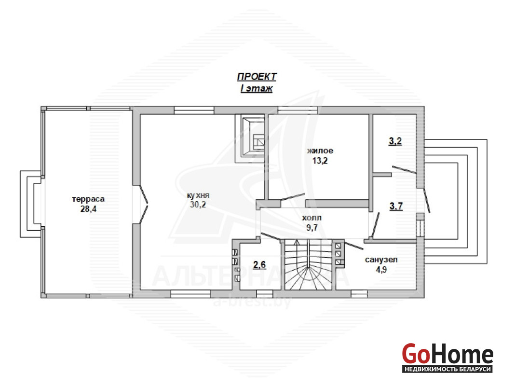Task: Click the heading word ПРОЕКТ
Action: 257,77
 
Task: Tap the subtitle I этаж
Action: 257,88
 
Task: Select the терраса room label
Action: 88,199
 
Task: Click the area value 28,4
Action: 88,209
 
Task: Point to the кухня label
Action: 198,195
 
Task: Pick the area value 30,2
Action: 198,204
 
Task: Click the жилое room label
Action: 320,151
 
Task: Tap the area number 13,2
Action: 320,161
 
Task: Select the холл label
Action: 312,218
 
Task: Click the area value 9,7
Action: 312,227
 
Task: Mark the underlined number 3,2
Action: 395,141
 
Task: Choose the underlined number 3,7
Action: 396,207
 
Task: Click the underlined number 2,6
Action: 259,265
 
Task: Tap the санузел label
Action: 381,260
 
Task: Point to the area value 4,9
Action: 381,270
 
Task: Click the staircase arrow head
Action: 297,243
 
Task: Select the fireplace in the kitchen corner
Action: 250,138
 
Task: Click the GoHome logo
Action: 447,354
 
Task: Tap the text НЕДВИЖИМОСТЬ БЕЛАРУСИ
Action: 447,369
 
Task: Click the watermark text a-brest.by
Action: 252,302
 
